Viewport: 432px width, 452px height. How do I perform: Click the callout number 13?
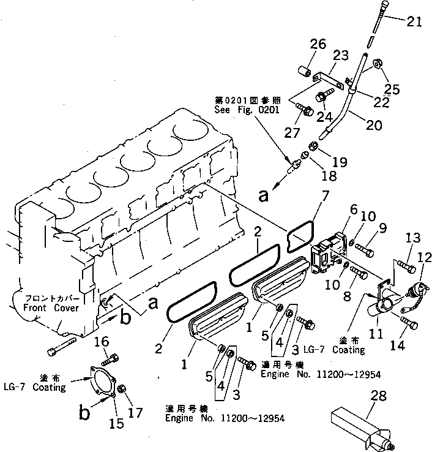tap(414, 238)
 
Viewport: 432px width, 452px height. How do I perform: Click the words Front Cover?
tap(51, 309)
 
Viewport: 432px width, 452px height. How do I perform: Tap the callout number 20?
tap(373, 125)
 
